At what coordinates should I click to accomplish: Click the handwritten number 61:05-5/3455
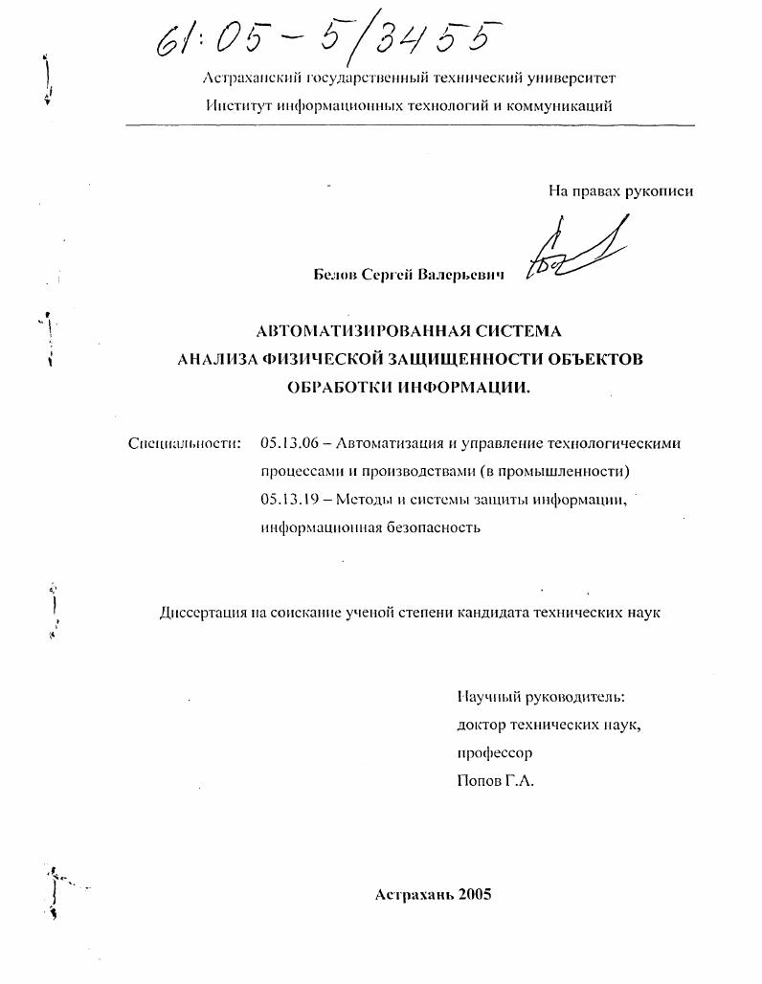[x=330, y=40]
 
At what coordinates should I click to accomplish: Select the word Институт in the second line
[x=238, y=106]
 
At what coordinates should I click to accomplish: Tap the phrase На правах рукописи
[x=620, y=190]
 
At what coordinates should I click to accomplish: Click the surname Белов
[x=334, y=275]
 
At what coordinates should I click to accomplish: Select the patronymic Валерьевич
[x=459, y=275]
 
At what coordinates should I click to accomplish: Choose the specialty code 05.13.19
[x=289, y=499]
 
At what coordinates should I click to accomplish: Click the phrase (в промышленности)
[x=552, y=471]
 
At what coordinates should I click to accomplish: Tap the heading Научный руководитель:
[x=541, y=697]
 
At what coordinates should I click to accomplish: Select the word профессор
[x=495, y=752]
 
